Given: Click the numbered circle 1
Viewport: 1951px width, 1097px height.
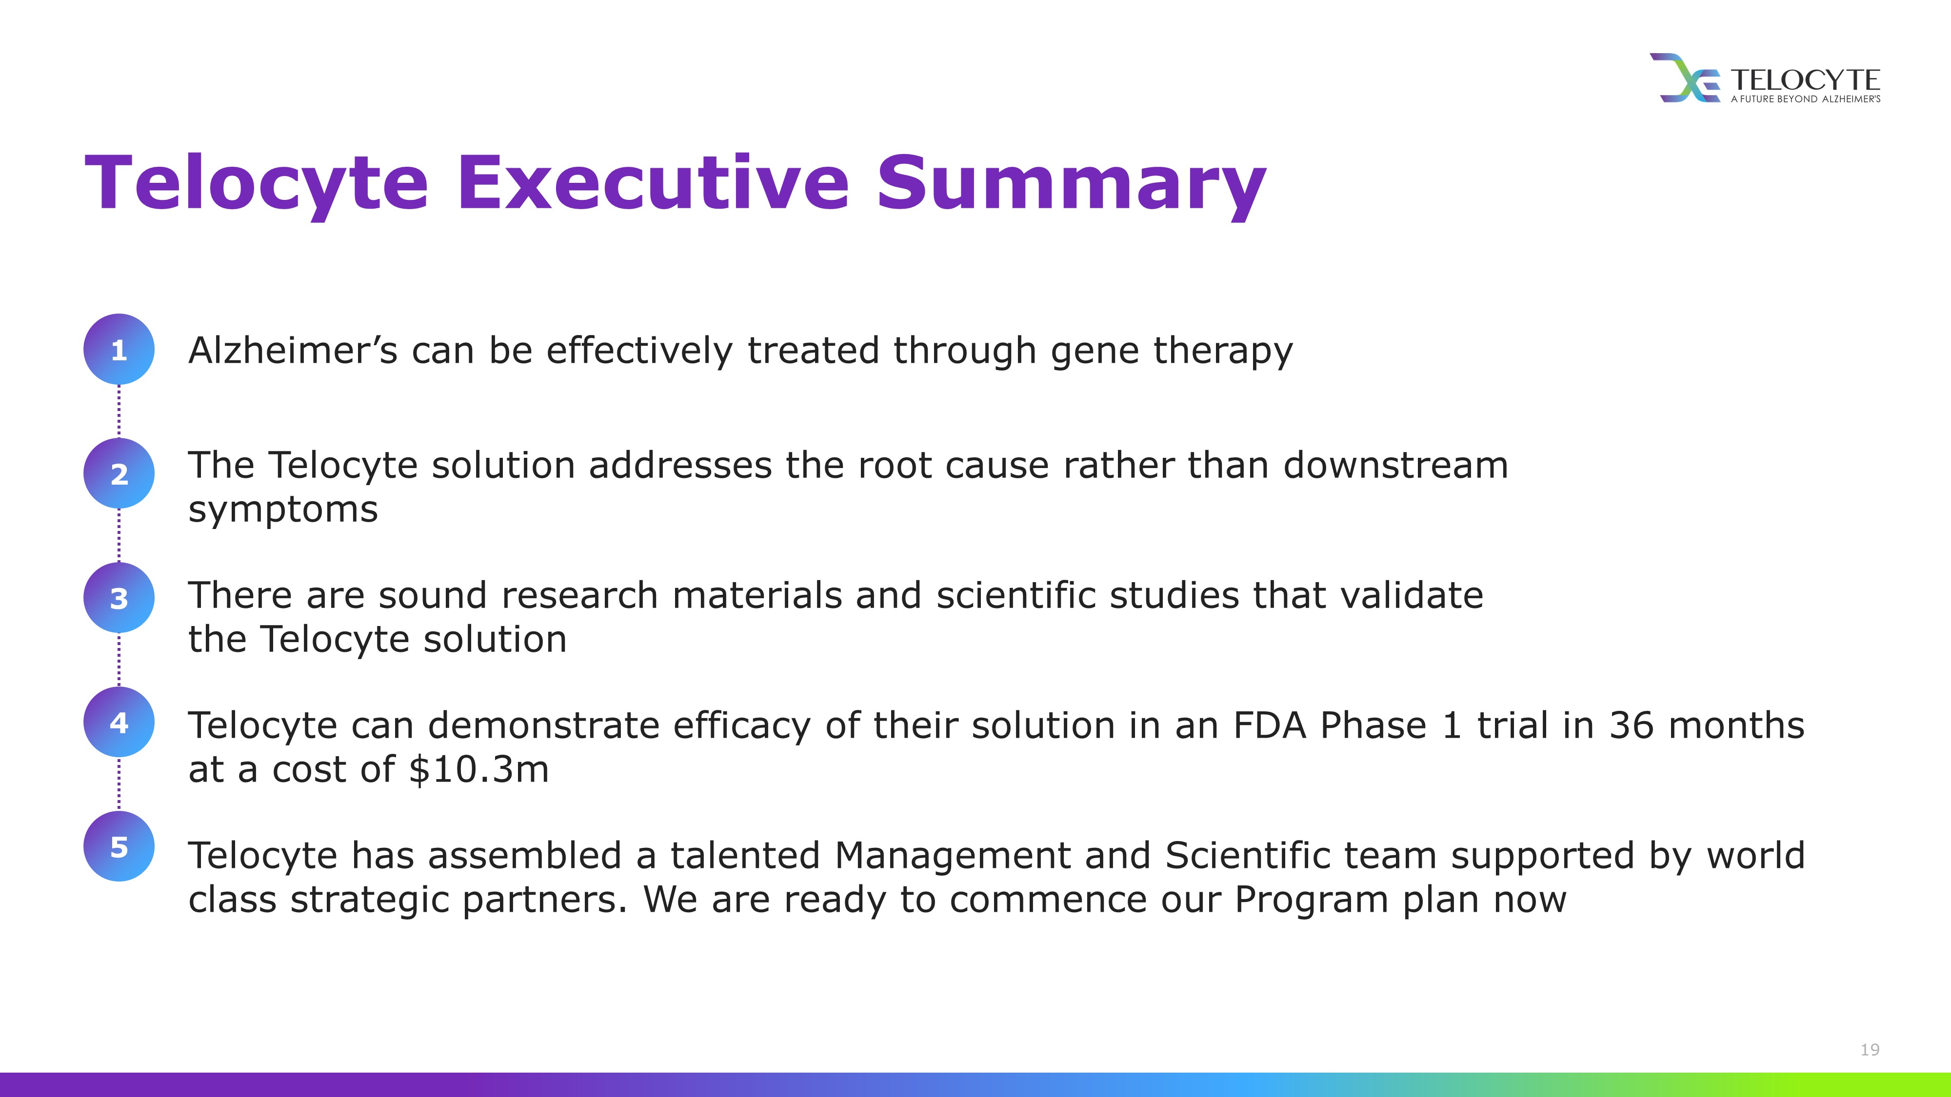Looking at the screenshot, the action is [x=119, y=349].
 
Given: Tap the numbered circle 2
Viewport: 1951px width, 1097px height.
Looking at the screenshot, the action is [x=119, y=473].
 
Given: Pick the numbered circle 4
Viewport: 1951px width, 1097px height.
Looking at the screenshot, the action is [x=119, y=722].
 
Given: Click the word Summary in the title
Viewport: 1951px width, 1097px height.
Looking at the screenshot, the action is [x=1072, y=185].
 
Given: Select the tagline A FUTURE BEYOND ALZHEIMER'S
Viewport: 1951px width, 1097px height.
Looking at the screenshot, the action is [x=1806, y=99].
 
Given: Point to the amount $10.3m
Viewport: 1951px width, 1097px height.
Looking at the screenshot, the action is [x=478, y=769].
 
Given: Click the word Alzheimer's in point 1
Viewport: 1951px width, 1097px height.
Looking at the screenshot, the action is [x=292, y=351].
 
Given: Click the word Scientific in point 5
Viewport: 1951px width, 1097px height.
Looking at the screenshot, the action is [x=1300, y=856].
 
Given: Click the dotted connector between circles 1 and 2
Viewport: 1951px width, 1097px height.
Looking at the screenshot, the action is [x=119, y=411].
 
